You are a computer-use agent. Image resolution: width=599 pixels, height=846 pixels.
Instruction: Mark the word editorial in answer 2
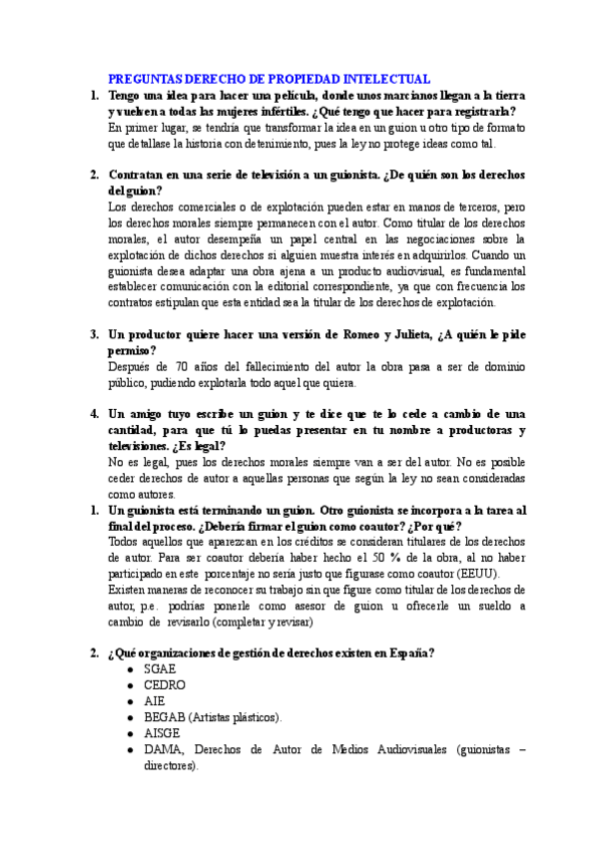(276, 286)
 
